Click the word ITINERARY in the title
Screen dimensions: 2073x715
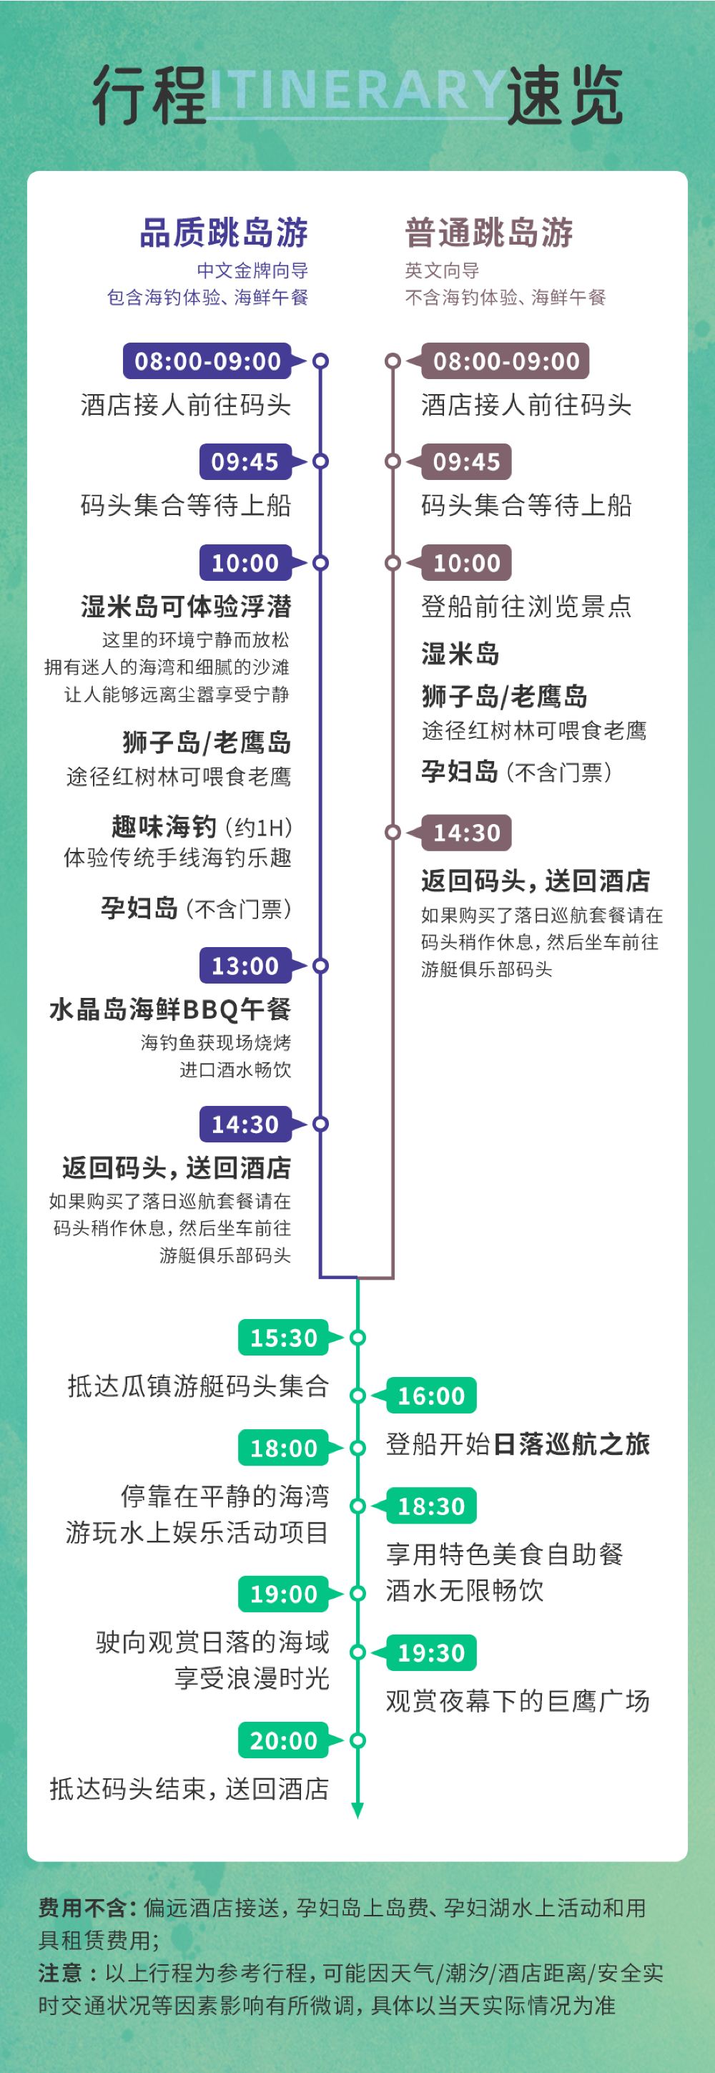pos(358,90)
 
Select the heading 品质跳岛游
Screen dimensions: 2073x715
pos(224,232)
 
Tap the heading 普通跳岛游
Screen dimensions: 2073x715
pos(489,232)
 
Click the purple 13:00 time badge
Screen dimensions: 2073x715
pos(245,966)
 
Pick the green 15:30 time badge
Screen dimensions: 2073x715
pos(283,1338)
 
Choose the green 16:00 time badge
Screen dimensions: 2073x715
pos(431,1396)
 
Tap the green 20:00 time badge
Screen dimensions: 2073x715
pos(283,1740)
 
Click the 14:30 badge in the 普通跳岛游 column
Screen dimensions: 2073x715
pos(466,833)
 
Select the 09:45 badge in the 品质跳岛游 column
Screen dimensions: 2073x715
pos(245,462)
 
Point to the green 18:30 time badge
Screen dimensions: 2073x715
pos(431,1506)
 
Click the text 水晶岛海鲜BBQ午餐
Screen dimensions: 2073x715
pos(169,1009)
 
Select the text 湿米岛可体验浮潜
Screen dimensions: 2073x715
pos(186,606)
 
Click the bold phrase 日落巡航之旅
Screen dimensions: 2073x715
pos(571,1444)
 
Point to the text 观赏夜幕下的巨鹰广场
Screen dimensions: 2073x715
pos(517,1700)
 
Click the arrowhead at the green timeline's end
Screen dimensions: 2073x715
pos(358,1810)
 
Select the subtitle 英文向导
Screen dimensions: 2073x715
pos(442,270)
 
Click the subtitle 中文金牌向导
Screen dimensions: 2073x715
pos(252,270)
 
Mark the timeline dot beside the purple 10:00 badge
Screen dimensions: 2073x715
pos(321,562)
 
